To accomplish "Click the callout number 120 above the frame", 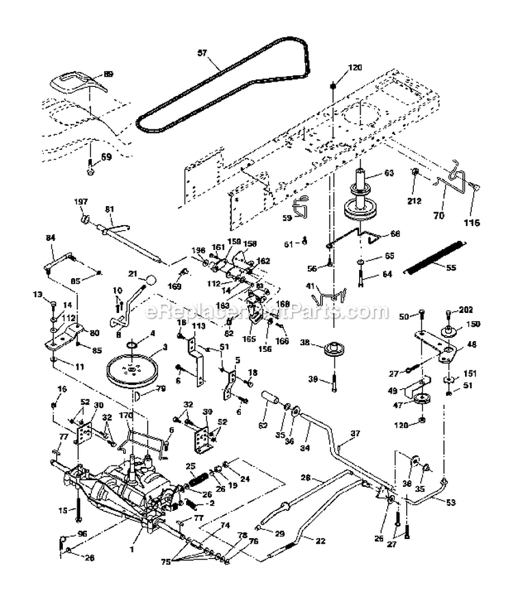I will point(354,68).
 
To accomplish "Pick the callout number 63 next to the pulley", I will point(389,174).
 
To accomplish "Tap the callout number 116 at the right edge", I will point(472,223).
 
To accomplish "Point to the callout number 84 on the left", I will point(50,238).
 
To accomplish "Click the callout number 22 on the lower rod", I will point(301,540).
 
